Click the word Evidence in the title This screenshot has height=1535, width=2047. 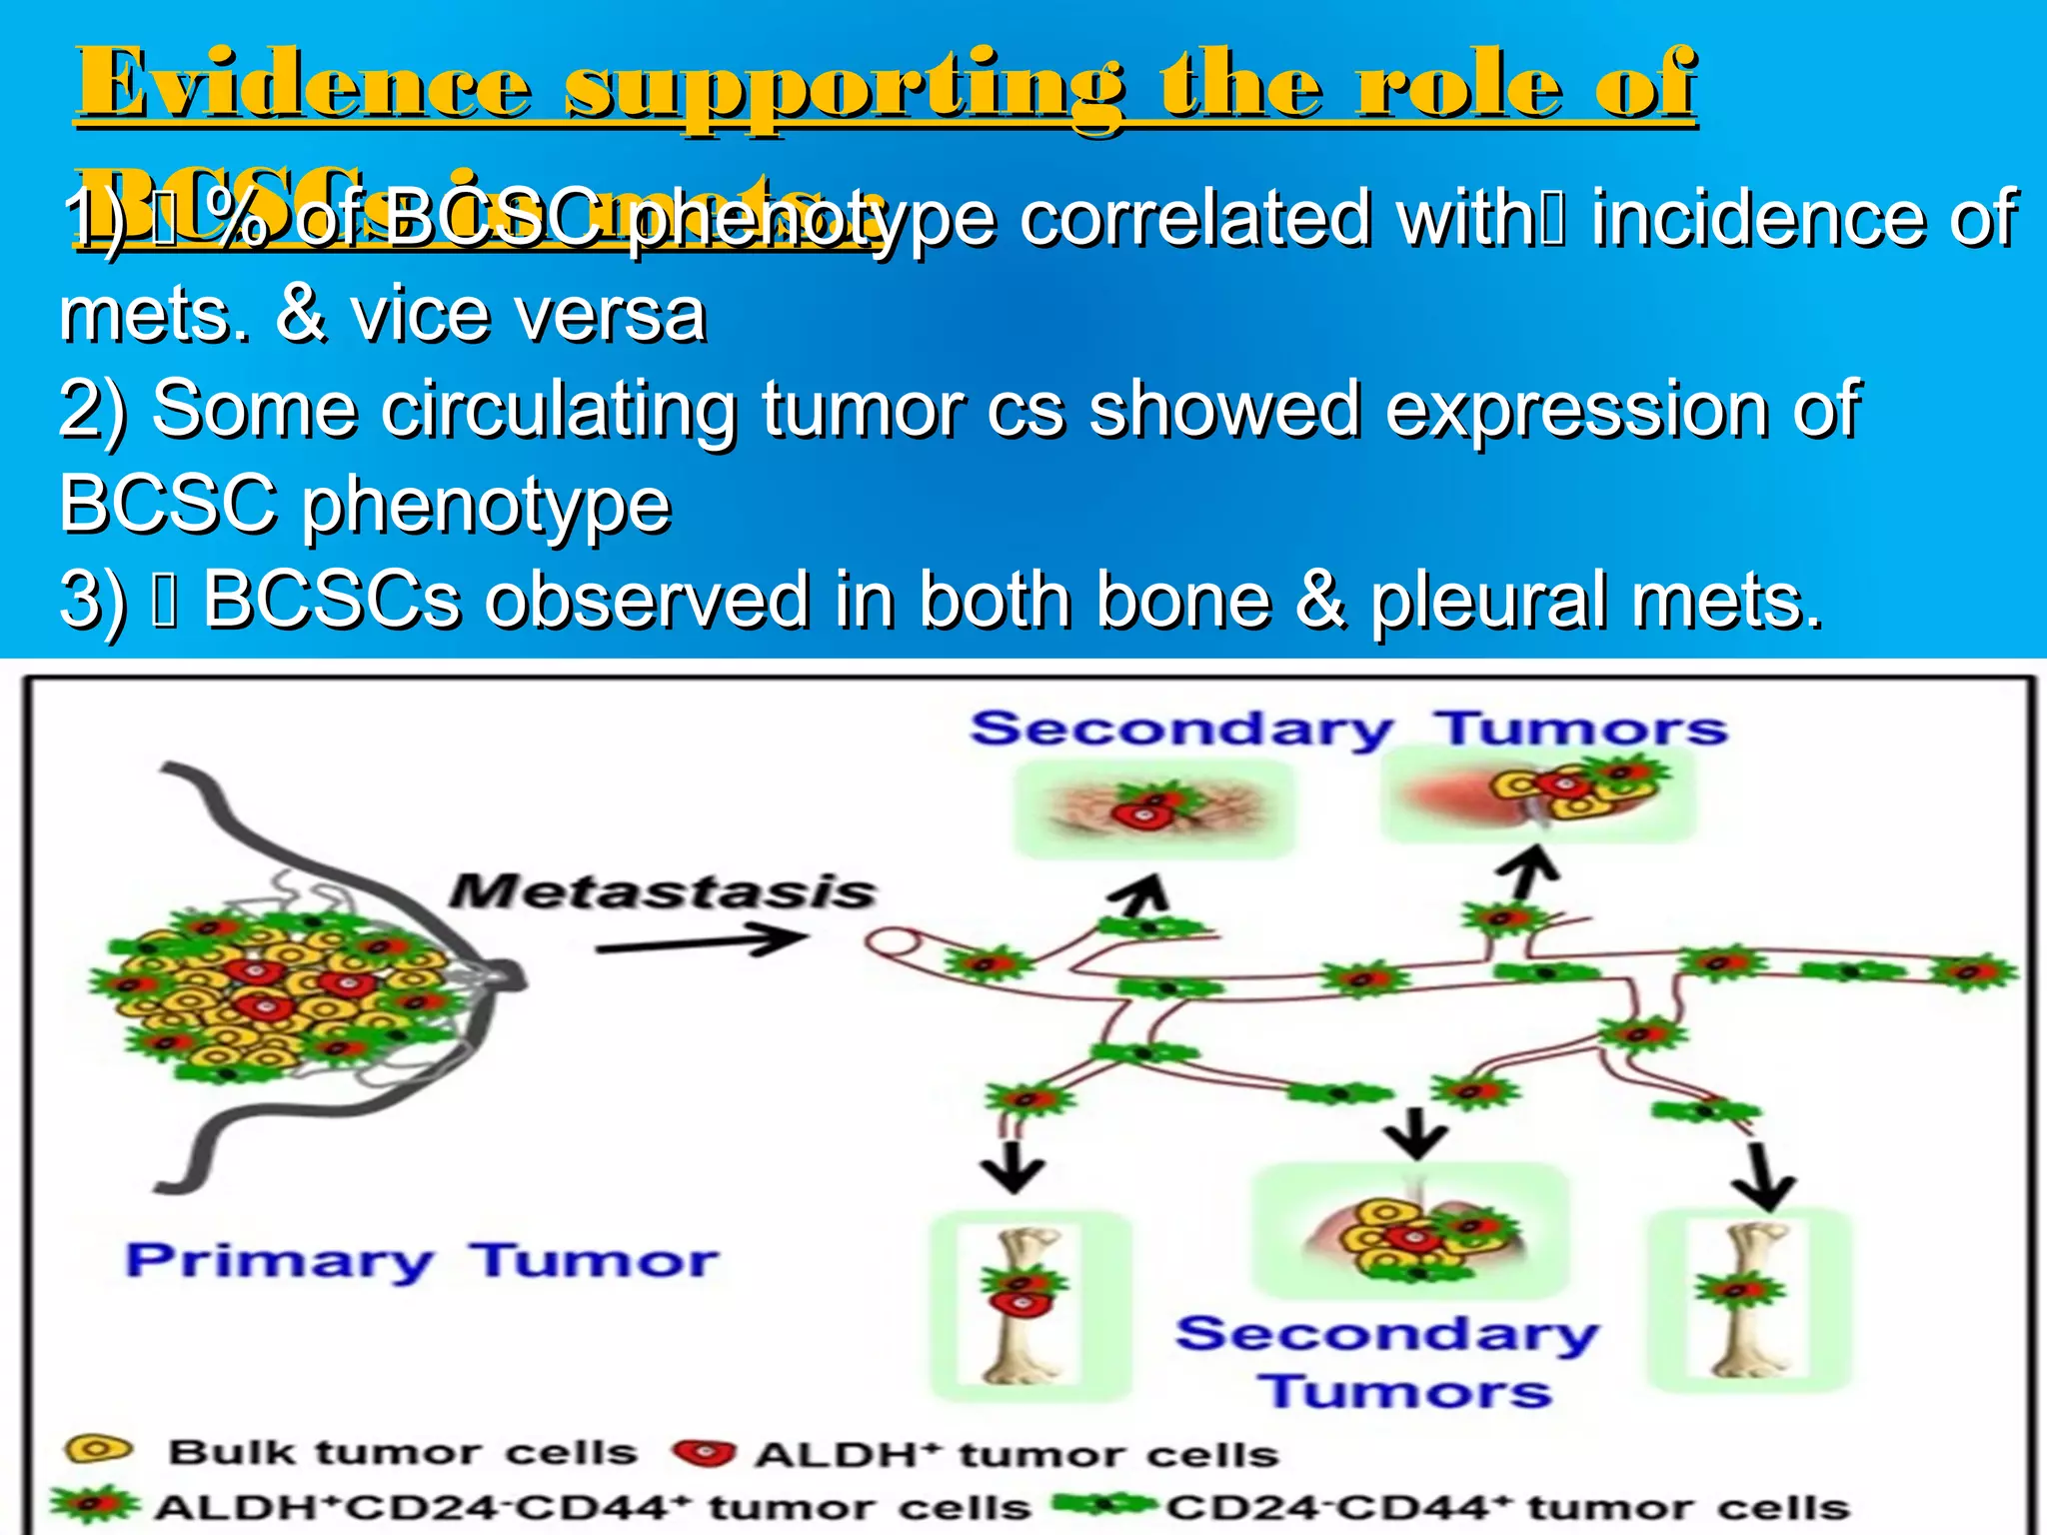[304, 85]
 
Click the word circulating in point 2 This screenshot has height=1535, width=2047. [559, 410]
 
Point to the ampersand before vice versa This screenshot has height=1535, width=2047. [301, 314]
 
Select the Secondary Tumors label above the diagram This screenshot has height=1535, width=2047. [1348, 729]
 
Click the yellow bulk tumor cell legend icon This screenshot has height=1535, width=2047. [97, 1449]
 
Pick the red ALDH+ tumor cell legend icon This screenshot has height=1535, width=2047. [704, 1453]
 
